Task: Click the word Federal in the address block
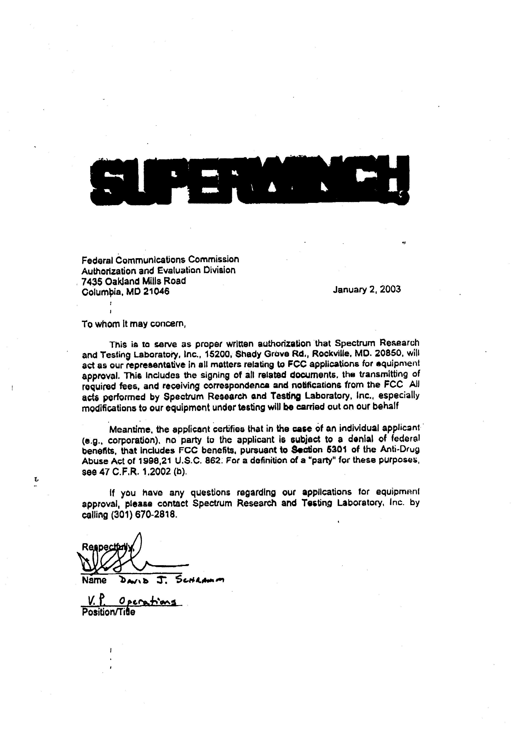(x=98, y=260)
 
